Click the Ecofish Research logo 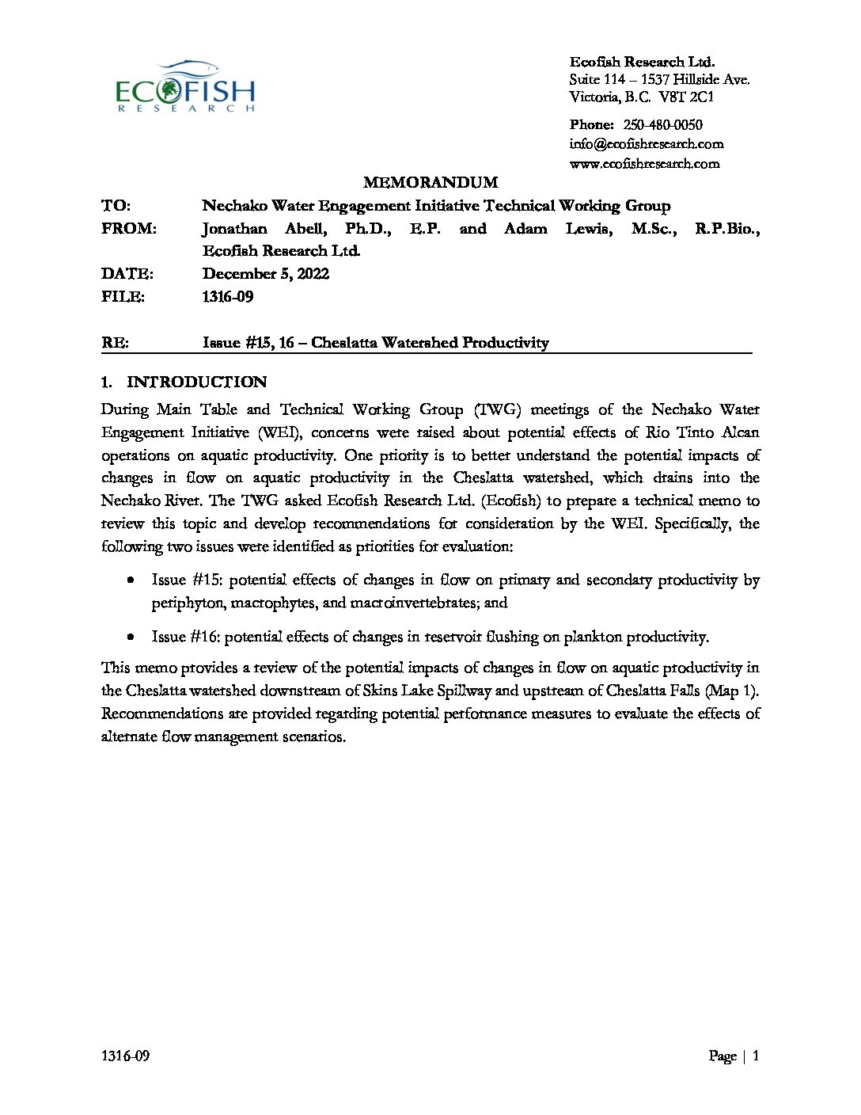click(185, 86)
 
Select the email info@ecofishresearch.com click(646, 144)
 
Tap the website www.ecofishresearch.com click(644, 164)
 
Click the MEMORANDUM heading click(430, 183)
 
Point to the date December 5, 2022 click(266, 274)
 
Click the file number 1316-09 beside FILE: click(228, 297)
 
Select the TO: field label click(116, 206)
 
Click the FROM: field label click(129, 229)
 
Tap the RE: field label click(115, 343)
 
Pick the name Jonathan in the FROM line click(234, 229)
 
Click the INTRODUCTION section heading click(196, 382)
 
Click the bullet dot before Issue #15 click(131, 580)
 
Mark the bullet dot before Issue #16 click(131, 637)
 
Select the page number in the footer click(756, 1056)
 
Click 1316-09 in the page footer click(126, 1056)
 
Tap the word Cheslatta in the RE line click(344, 343)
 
